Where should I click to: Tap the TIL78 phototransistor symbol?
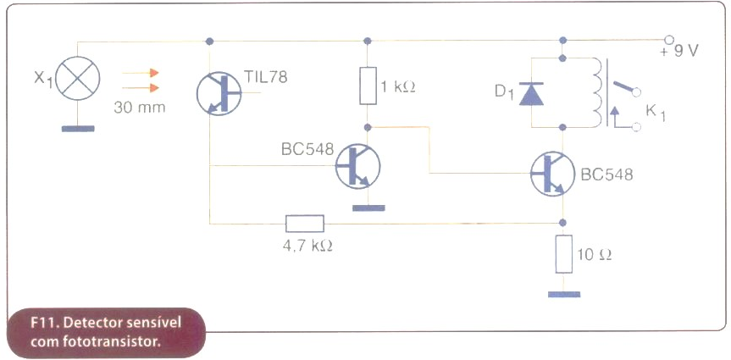coord(219,93)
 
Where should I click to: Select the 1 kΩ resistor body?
coord(368,86)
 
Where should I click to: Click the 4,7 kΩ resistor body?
coord(304,224)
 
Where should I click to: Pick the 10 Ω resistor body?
coord(563,253)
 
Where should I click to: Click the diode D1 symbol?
coord(531,93)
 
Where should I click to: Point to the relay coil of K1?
coord(597,92)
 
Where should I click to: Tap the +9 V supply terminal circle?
coord(669,40)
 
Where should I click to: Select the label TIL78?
coord(265,77)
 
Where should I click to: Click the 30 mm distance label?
coord(140,108)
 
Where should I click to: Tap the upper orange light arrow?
coord(141,73)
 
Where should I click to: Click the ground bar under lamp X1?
coord(78,129)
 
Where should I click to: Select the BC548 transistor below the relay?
coord(553,174)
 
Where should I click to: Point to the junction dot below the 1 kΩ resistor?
coord(368,127)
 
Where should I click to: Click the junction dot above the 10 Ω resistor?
coord(563,223)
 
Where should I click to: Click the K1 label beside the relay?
coord(655,114)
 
